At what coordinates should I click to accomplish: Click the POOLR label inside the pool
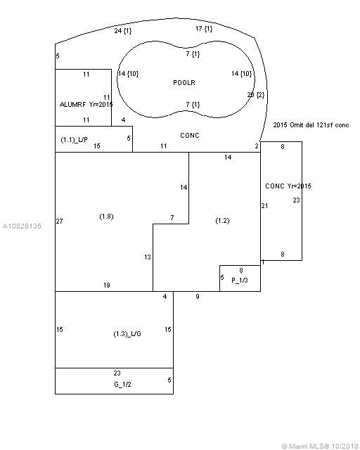pyautogui.click(x=184, y=83)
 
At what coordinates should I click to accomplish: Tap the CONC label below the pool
pyautogui.click(x=189, y=135)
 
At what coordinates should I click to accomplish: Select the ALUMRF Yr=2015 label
pyautogui.click(x=86, y=105)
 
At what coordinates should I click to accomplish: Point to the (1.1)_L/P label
pyautogui.click(x=74, y=140)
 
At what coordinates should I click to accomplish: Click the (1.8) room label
pyautogui.click(x=106, y=217)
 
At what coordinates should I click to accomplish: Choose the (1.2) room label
pyautogui.click(x=222, y=221)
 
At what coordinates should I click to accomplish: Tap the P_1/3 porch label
pyautogui.click(x=240, y=280)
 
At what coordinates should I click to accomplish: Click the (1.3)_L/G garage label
pyautogui.click(x=127, y=334)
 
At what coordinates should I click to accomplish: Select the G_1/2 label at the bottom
pyautogui.click(x=122, y=385)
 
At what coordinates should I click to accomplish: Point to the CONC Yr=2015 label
pyautogui.click(x=288, y=186)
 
